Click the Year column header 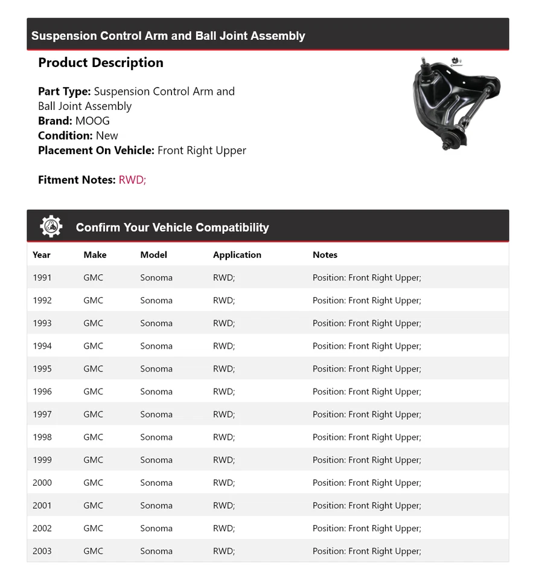pos(42,255)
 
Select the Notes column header pos(325,255)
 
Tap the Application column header pos(237,255)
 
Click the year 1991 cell pos(42,278)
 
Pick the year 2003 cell pos(42,551)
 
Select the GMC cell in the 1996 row pos(93,391)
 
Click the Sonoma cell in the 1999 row pos(156,460)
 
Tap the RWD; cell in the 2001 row pos(223,506)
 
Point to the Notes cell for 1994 pos(366,346)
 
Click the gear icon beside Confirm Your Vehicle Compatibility pos(51,227)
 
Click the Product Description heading pos(100,63)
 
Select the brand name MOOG pos(92,121)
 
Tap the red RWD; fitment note pos(132,180)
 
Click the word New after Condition pos(107,136)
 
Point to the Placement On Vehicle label pos(96,150)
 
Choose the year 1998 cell pos(42,437)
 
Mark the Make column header pos(95,255)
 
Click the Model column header pos(153,255)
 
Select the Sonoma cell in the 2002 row pos(156,529)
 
